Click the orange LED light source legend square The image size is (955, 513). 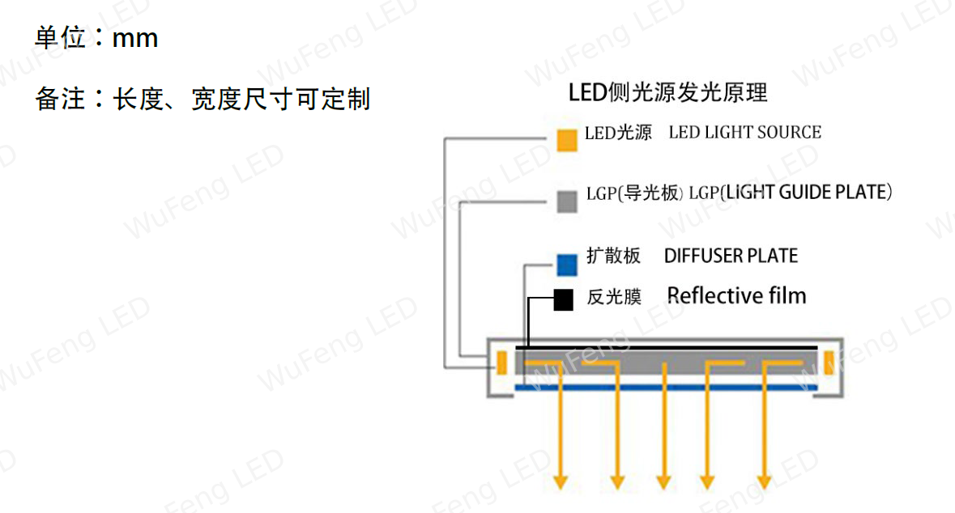coord(567,140)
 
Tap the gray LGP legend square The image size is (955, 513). coord(567,201)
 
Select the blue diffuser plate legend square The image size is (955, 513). coord(567,265)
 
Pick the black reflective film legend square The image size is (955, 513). coord(564,299)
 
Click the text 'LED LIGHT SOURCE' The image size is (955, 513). coord(745,132)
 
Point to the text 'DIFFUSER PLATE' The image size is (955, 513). coord(731,256)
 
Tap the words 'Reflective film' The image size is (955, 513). coord(736,296)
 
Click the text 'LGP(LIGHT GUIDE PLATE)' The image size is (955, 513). coord(791,193)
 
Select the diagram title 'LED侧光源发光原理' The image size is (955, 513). coord(667,92)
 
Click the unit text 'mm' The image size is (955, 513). coord(135,39)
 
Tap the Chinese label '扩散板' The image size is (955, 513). coord(613,256)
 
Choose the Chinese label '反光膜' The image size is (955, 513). coord(614,297)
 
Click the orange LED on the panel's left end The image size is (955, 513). coord(502,362)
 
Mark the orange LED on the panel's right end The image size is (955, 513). coord(829,362)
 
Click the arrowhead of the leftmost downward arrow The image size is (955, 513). coord(561,482)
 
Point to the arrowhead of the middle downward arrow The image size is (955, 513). coord(664,482)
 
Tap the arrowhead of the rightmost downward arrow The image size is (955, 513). coord(765,482)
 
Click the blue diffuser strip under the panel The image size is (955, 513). coord(667,387)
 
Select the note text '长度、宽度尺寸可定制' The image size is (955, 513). coord(242,100)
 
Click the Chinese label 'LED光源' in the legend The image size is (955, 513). coord(618,133)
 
